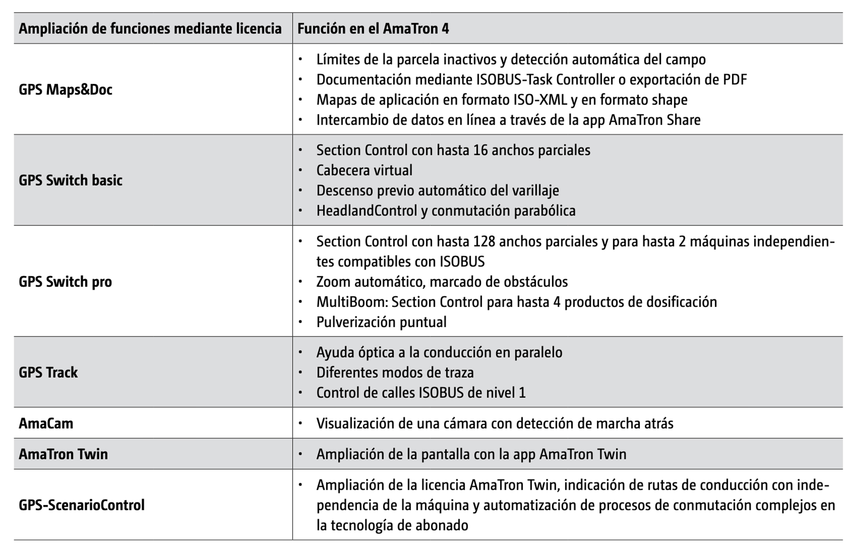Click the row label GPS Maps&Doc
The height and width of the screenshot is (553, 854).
65,90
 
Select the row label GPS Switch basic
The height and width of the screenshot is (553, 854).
70,180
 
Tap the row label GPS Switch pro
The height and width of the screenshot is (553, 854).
65,282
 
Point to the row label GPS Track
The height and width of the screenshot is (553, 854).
48,372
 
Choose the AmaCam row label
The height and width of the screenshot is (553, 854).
46,423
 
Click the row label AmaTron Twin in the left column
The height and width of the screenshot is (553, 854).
63,454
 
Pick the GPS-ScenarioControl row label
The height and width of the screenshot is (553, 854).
82,505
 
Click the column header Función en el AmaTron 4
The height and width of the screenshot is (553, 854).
373,29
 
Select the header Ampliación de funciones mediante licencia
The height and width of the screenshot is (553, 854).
150,29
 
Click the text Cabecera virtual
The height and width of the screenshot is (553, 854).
364,170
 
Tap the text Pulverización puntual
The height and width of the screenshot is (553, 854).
381,322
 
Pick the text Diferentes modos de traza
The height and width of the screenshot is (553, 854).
395,373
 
